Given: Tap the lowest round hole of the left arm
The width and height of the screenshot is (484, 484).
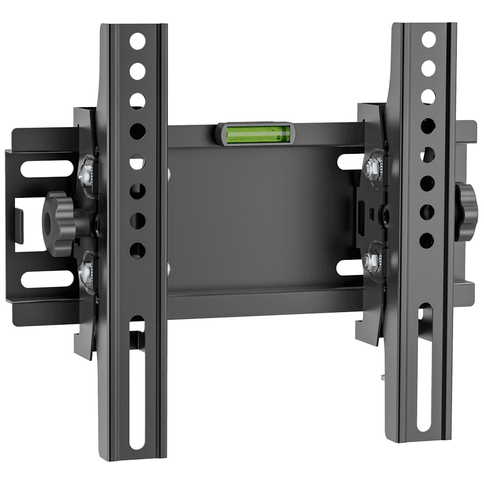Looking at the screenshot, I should pos(138,249).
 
